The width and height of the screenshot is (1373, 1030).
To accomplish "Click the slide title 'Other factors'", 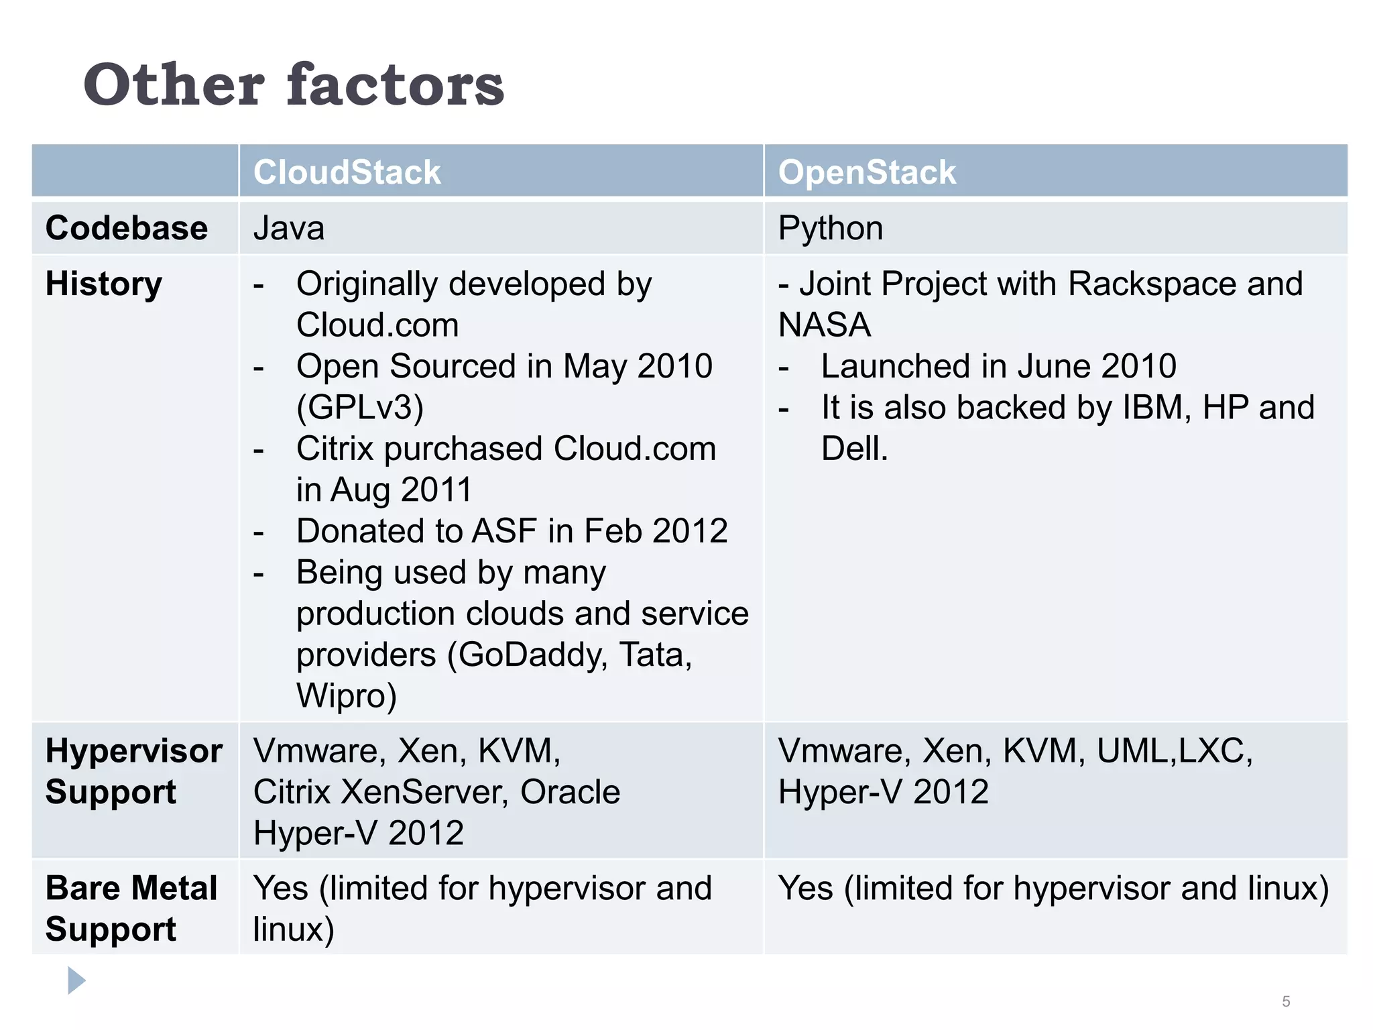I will pos(294,84).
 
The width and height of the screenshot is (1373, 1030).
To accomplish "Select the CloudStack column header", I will pos(347,172).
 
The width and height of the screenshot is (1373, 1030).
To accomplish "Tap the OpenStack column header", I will pos(866,172).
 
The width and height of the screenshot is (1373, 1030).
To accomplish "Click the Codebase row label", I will pos(127,228).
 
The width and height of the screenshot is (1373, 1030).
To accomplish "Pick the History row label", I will pos(104,284).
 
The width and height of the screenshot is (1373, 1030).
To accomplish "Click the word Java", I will pos(289,228).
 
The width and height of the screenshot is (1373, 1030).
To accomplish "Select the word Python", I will pos(830,229).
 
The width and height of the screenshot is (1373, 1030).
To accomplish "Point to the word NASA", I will pos(824,325).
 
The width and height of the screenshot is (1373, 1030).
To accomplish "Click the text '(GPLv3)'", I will pos(360,408).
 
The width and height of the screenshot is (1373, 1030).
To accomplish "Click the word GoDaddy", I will pos(526,654).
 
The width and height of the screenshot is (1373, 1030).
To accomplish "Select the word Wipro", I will pos(347,696).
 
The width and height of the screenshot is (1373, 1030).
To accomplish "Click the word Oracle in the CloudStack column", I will pos(570,792).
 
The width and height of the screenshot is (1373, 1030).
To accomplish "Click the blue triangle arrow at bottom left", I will pos(76,980).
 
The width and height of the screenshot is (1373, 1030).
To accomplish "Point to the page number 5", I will pos(1286,1001).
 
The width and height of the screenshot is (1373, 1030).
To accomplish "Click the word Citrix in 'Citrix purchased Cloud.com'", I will pos(335,449).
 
